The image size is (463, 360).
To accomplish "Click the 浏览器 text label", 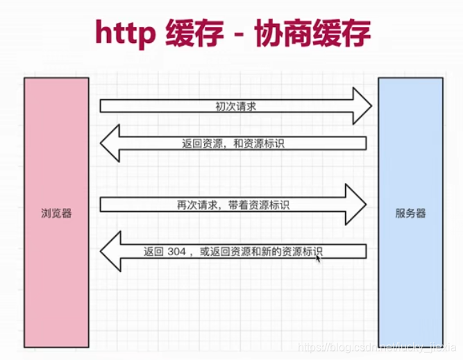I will (56, 213).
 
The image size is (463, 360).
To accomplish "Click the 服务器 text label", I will (410, 214).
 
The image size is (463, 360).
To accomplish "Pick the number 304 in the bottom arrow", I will (177, 251).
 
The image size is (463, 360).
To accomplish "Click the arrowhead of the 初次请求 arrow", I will (362, 106).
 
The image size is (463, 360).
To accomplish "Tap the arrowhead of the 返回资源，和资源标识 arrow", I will (110, 144).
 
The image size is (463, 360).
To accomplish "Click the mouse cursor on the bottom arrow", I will (318, 258).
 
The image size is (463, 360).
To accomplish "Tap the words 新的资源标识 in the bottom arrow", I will (298, 251).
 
